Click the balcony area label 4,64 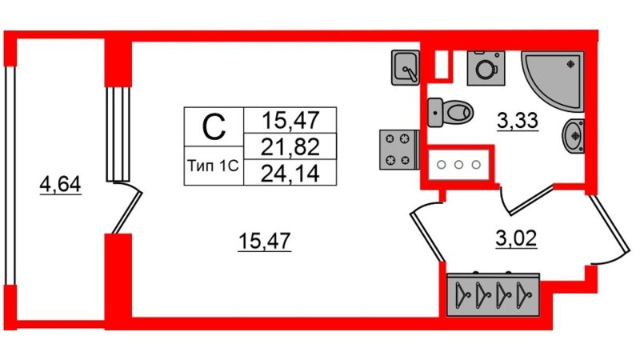pyautogui.click(x=61, y=186)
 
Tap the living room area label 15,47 pyautogui.click(x=265, y=241)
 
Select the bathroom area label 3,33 pyautogui.click(x=518, y=121)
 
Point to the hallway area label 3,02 pyautogui.click(x=516, y=238)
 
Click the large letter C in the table pyautogui.click(x=214, y=126)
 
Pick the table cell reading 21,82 pyautogui.click(x=290, y=147)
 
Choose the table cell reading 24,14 pyautogui.click(x=290, y=174)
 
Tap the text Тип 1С pyautogui.click(x=213, y=166)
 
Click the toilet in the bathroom pyautogui.click(x=450, y=112)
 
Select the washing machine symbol pyautogui.click(x=486, y=68)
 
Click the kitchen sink pyautogui.click(x=406, y=68)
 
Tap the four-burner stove pyautogui.click(x=399, y=150)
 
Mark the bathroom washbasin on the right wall pyautogui.click(x=574, y=136)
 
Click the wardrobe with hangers pyautogui.click(x=493, y=294)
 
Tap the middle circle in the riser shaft pyautogui.click(x=458, y=165)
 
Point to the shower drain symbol pyautogui.click(x=571, y=64)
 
